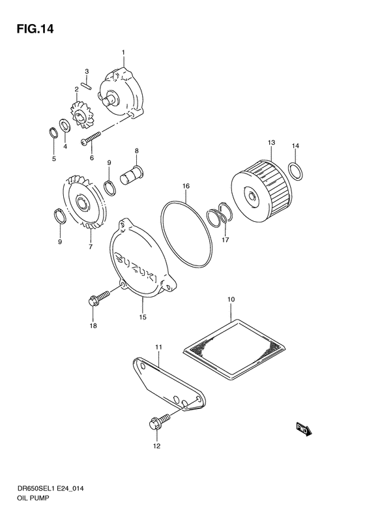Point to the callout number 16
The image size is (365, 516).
coord(186,186)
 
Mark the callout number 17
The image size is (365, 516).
coord(226,240)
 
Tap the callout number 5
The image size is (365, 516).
coord(54,159)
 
